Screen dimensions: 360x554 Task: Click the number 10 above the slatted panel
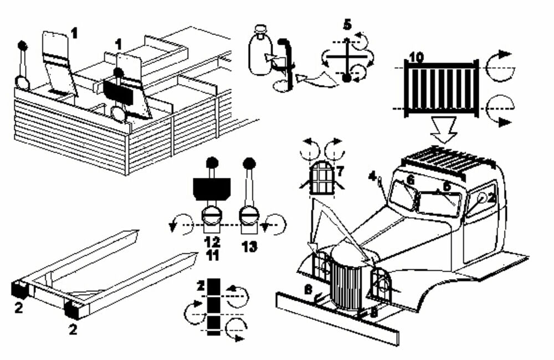click(417, 56)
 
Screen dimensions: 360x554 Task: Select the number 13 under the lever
click(250, 246)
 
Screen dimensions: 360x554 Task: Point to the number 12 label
click(212, 242)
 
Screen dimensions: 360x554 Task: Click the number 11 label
click(212, 255)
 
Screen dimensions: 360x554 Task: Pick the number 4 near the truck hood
click(375, 178)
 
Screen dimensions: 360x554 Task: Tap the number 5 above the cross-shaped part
click(347, 25)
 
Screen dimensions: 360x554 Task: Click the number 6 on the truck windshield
click(410, 180)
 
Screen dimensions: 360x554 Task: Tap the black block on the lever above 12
click(211, 188)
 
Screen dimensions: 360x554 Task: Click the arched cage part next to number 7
click(322, 177)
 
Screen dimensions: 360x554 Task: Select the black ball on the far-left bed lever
click(23, 45)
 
